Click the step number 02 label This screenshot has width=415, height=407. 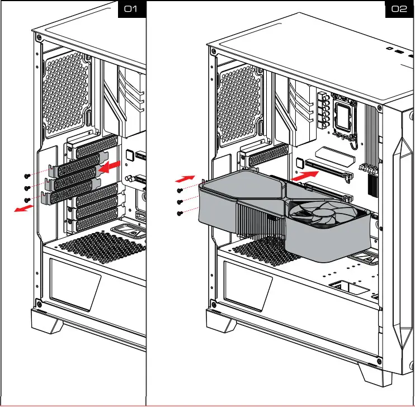pyautogui.click(x=399, y=10)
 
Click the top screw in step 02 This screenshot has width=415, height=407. pyautogui.click(x=180, y=191)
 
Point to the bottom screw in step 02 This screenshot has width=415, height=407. pyautogui.click(x=180, y=213)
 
